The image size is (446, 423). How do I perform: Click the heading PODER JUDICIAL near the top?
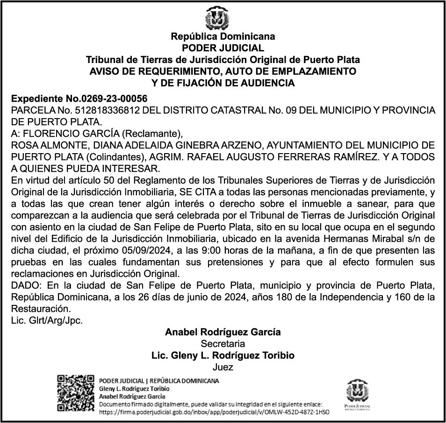tap(223, 48)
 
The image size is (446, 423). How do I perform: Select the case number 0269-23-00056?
tap(114, 99)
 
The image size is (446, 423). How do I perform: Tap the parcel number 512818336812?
tap(102, 111)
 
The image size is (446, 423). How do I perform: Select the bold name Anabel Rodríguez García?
tap(223, 332)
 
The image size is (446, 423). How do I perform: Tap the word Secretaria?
tap(223, 344)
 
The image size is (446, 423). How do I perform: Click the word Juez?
tap(223, 367)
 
